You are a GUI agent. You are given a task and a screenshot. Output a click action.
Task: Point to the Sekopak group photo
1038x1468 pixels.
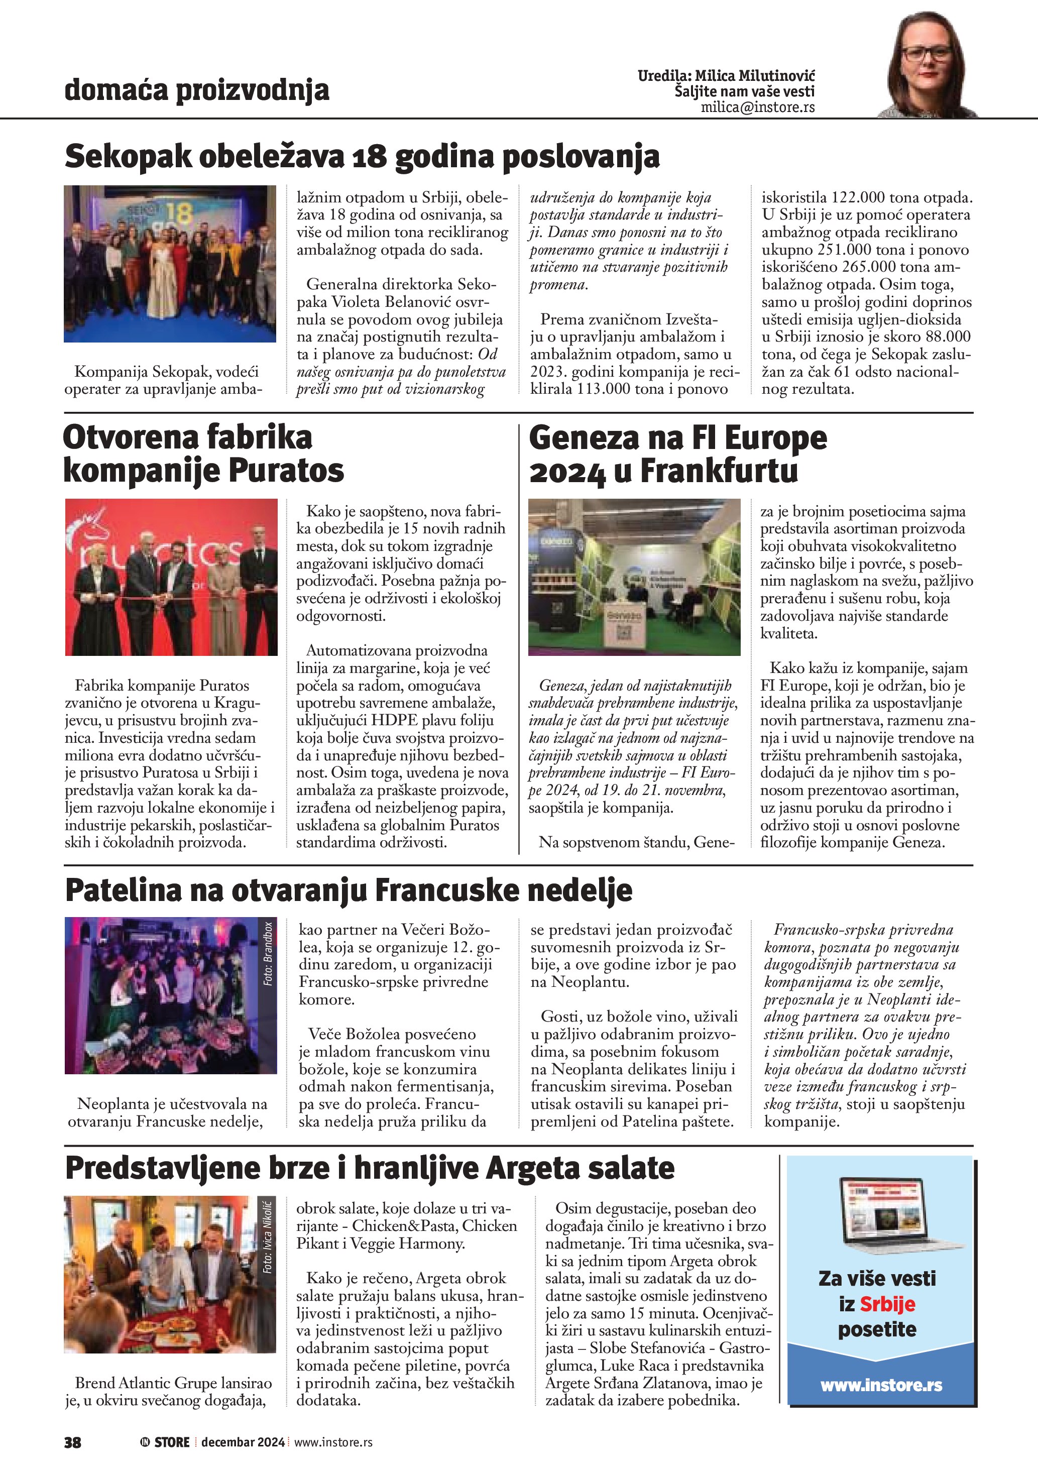point(170,264)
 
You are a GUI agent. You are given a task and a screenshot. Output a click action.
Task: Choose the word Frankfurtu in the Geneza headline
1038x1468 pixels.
point(719,471)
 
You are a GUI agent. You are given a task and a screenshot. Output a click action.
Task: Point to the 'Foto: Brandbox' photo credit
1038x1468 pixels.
point(269,953)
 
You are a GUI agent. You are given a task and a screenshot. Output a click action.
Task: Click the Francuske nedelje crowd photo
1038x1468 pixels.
point(166,995)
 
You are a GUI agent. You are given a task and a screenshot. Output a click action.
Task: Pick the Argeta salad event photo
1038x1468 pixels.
point(166,1274)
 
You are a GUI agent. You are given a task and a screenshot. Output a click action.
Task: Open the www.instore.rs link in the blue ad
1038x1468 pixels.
point(881,1386)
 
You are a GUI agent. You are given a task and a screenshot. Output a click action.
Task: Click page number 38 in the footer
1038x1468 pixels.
point(73,1442)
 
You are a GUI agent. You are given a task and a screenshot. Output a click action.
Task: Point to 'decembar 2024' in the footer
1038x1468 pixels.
point(243,1442)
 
